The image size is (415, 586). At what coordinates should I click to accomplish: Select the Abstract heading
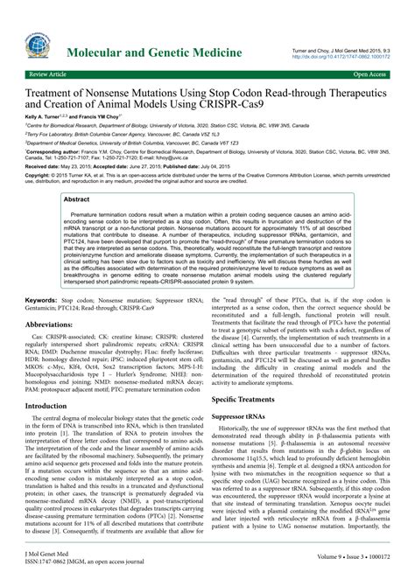79,199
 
